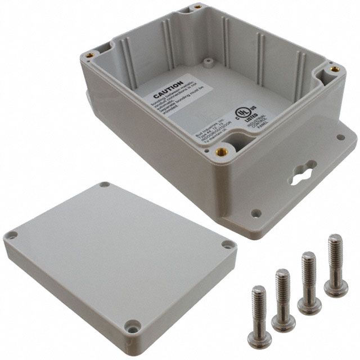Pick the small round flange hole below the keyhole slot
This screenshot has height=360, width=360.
[256, 213]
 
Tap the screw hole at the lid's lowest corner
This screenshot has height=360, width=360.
[133, 325]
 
